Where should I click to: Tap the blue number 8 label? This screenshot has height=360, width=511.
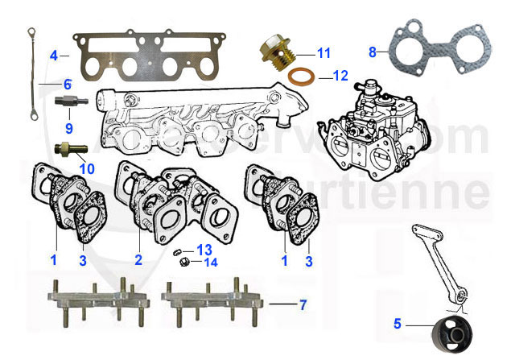(373, 52)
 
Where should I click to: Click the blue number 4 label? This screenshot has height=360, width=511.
(53, 56)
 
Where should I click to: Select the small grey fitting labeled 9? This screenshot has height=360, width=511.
(68, 104)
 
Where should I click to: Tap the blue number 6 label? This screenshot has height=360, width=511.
(68, 83)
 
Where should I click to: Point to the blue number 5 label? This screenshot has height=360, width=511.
(398, 326)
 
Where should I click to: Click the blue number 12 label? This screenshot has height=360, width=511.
(340, 77)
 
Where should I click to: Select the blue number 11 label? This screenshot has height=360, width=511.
(323, 53)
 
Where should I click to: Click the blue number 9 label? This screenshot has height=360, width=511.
(68, 127)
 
